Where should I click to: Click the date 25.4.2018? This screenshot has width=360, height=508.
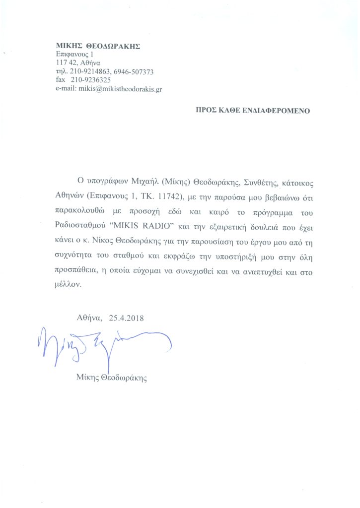(126, 317)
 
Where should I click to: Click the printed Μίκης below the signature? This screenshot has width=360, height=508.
(88, 378)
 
